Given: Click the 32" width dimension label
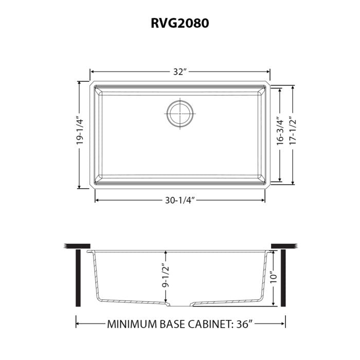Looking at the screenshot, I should (x=179, y=72).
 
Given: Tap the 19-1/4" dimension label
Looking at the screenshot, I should (x=80, y=133).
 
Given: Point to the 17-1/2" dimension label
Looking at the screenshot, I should (x=292, y=133).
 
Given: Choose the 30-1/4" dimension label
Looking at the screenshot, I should (x=179, y=200).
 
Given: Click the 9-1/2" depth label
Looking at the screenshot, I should (x=165, y=276).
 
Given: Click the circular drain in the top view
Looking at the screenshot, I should (x=179, y=112).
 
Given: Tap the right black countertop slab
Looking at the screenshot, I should (x=284, y=245).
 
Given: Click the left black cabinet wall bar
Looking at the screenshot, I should (x=78, y=278).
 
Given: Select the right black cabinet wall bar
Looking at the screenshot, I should (x=283, y=278).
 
